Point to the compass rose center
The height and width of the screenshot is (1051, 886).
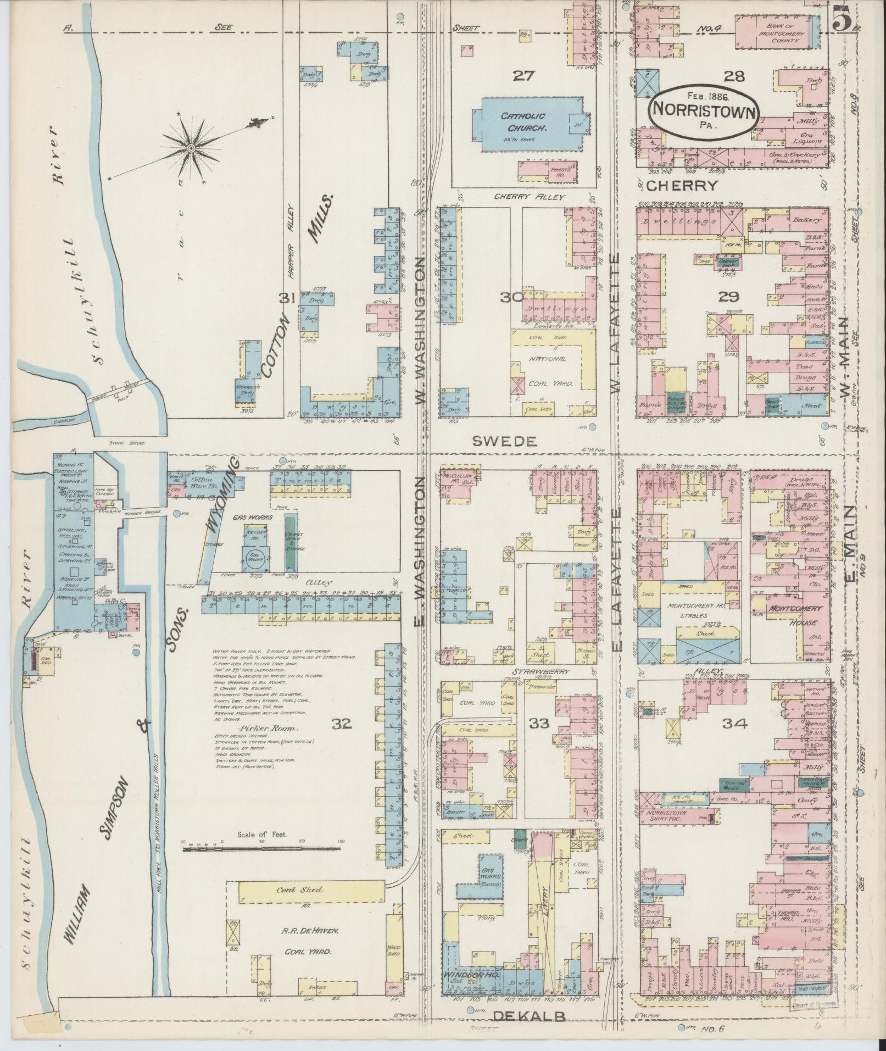[x=191, y=148]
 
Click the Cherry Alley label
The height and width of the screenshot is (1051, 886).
[x=528, y=197]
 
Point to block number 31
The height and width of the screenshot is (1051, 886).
[x=288, y=297]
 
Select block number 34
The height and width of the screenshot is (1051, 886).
[x=735, y=724]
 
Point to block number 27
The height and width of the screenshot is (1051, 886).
[x=523, y=75]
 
